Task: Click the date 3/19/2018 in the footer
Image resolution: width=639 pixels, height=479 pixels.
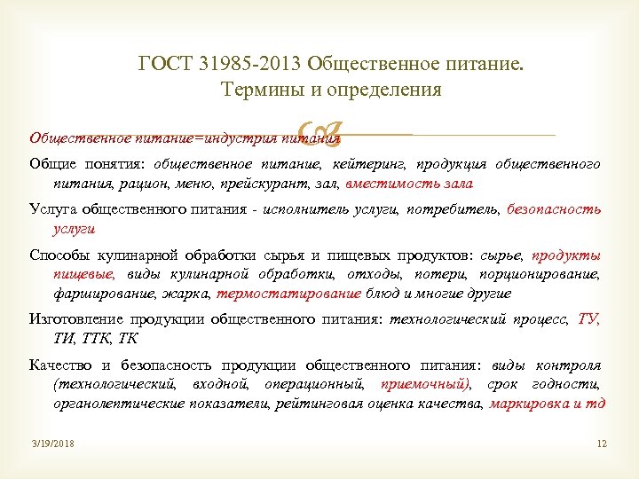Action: pyautogui.click(x=51, y=444)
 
